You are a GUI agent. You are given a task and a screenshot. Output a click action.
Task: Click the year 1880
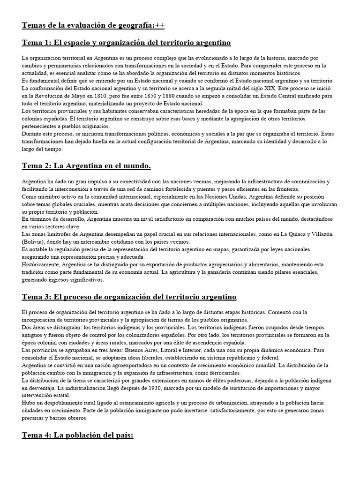click(168, 96)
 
